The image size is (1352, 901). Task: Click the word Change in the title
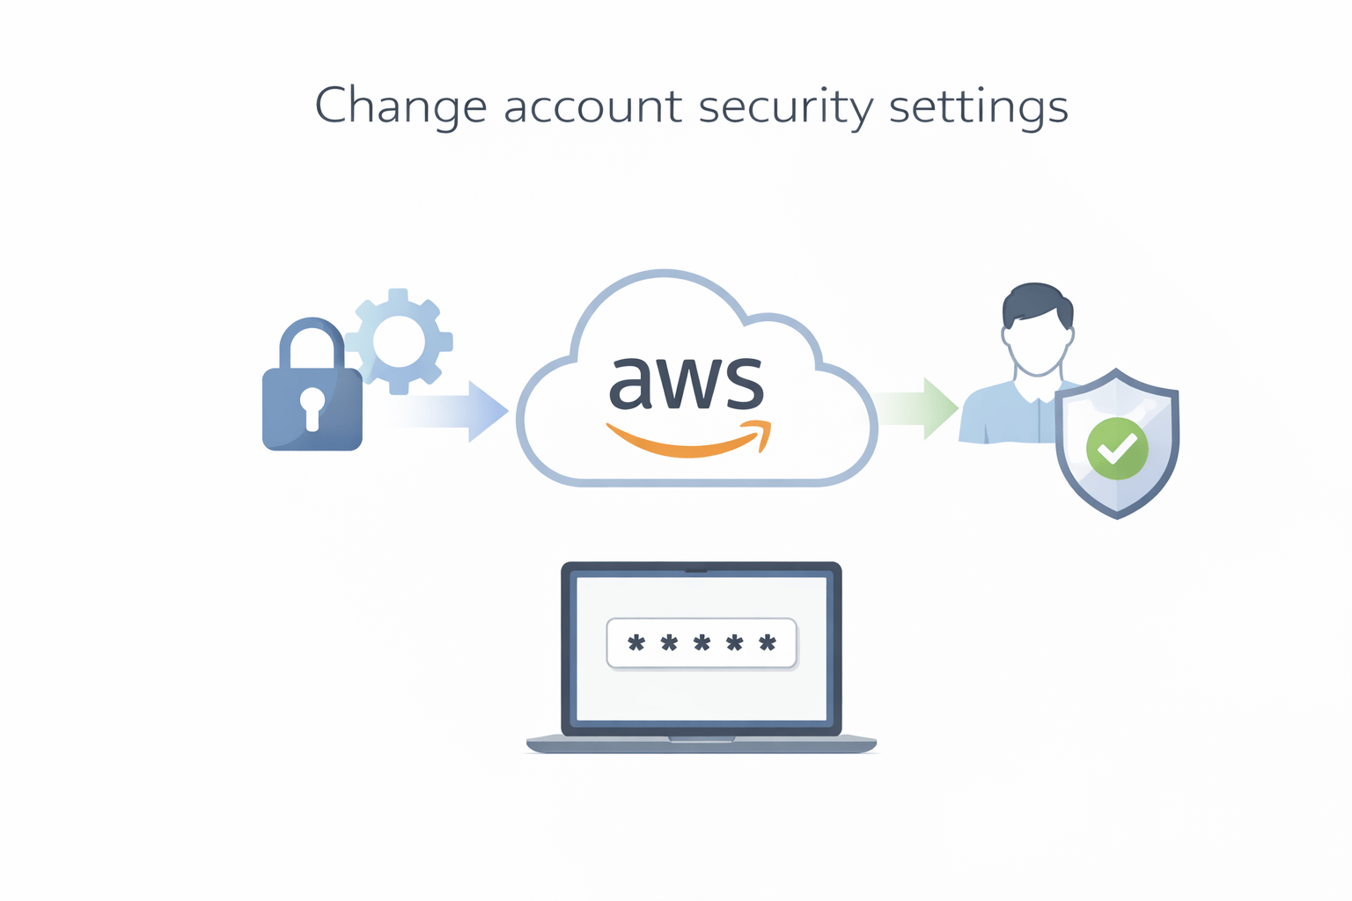pyautogui.click(x=400, y=106)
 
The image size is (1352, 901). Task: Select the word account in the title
pyautogui.click(x=592, y=106)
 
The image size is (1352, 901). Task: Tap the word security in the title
pyautogui.click(x=785, y=106)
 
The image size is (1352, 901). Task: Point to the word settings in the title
pyautogui.click(x=978, y=106)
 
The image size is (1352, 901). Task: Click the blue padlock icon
pyautogui.click(x=312, y=408)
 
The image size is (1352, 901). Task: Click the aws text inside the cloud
pyautogui.click(x=686, y=383)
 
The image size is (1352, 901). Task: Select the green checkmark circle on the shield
pyautogui.click(x=1117, y=449)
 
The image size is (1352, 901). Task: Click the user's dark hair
pyautogui.click(x=1037, y=301)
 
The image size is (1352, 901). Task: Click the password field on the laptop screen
pyautogui.click(x=702, y=643)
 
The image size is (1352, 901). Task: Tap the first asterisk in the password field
pyautogui.click(x=636, y=643)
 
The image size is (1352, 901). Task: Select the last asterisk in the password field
pyautogui.click(x=768, y=643)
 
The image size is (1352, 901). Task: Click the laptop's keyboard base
pyautogui.click(x=702, y=744)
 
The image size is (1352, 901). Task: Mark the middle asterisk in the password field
pyautogui.click(x=702, y=643)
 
